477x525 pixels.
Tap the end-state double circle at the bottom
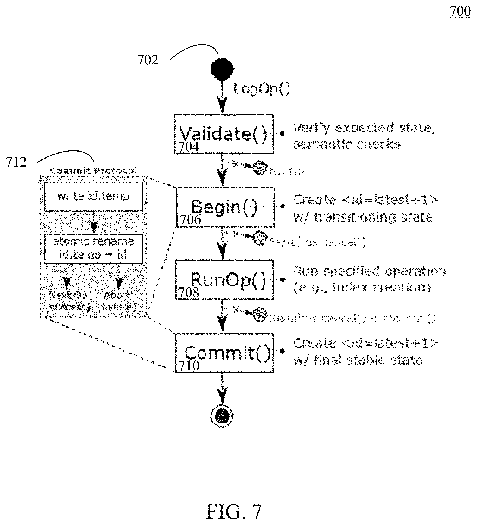(x=222, y=416)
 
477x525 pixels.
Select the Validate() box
(x=224, y=134)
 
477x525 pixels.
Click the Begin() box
(x=225, y=207)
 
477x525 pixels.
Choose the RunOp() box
(x=224, y=280)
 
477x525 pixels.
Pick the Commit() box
(x=224, y=353)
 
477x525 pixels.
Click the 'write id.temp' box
(x=93, y=196)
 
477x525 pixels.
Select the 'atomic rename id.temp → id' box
(x=93, y=248)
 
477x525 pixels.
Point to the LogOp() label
(x=262, y=89)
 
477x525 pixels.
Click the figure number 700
(x=460, y=12)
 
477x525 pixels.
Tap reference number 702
(x=148, y=60)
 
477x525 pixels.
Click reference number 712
(x=16, y=162)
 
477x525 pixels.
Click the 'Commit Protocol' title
(x=94, y=171)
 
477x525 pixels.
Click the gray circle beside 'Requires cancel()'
(x=260, y=238)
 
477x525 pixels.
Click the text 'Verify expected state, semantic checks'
(x=364, y=136)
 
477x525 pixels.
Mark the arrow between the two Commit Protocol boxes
(x=94, y=223)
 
